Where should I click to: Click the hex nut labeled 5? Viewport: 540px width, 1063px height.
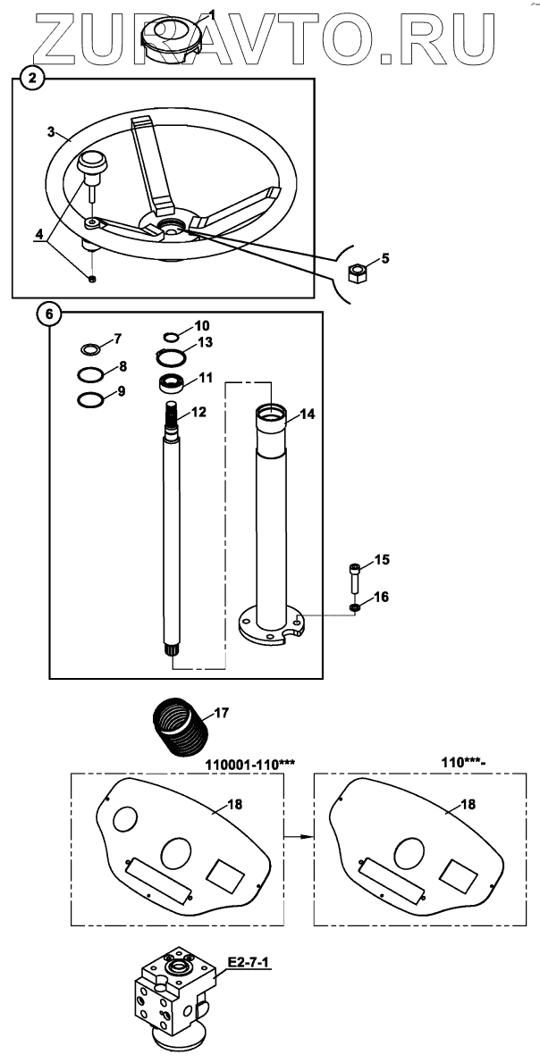[x=358, y=273]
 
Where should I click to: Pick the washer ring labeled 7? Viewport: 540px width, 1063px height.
[x=89, y=349]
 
